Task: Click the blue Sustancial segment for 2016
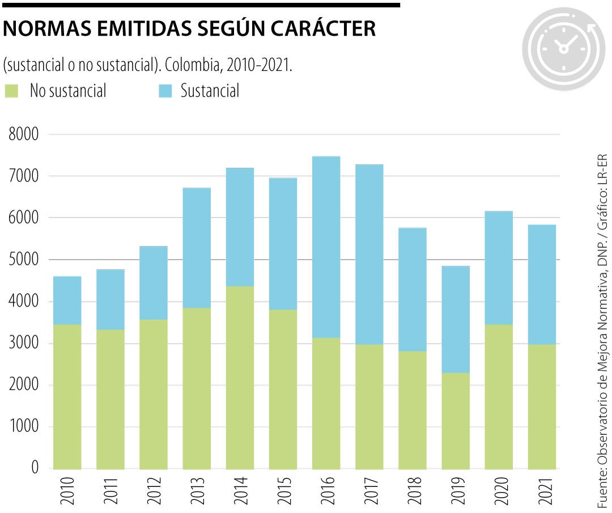[x=326, y=247]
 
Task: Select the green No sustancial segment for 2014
[x=240, y=378]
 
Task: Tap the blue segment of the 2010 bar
[x=67, y=300]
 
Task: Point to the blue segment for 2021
[x=542, y=285]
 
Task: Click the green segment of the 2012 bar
[x=153, y=394]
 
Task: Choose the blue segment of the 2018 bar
[x=412, y=289]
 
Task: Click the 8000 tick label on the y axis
[x=23, y=135]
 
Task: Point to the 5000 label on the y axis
[x=23, y=260]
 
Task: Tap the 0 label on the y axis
[x=35, y=468]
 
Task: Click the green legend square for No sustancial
[x=11, y=91]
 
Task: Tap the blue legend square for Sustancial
[x=165, y=91]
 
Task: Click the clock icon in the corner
[x=563, y=49]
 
